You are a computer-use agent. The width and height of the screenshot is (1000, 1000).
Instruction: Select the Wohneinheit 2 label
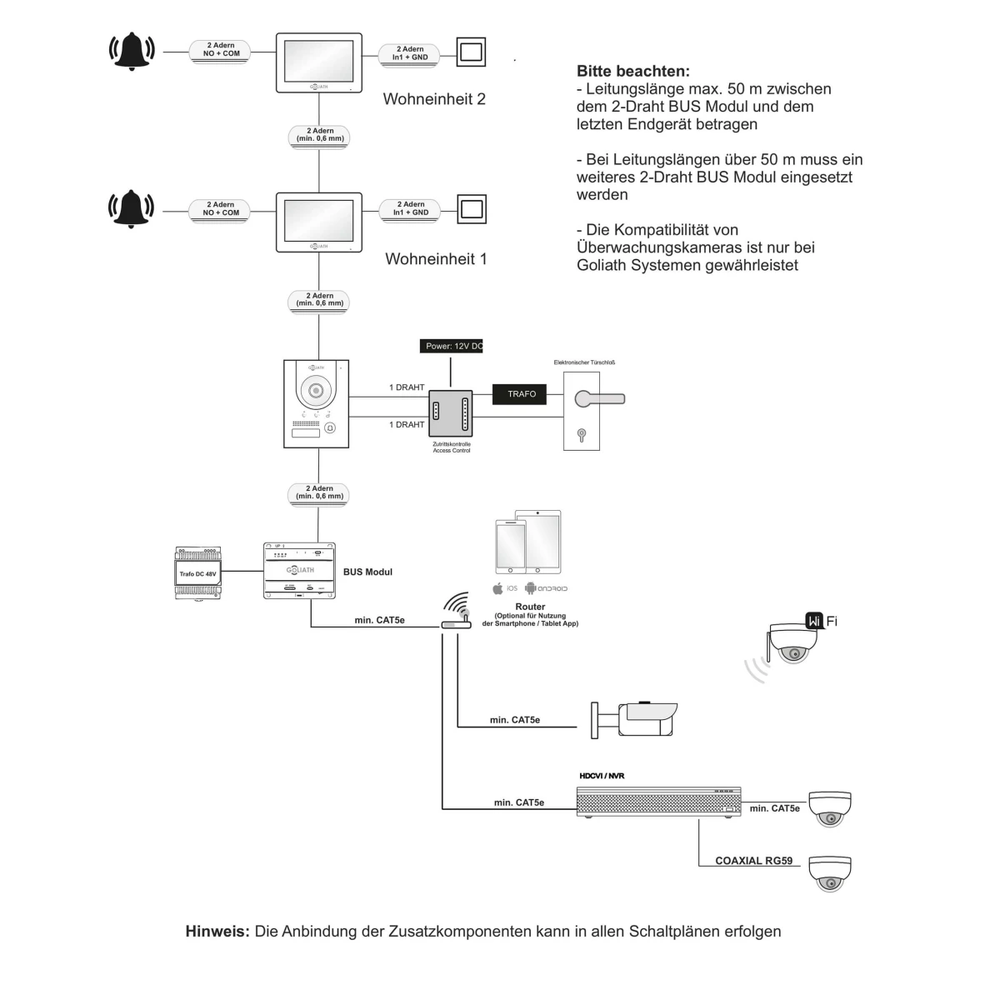434,99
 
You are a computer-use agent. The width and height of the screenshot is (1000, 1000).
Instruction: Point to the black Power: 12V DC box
452,346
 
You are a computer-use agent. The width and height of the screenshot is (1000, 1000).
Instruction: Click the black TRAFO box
522,394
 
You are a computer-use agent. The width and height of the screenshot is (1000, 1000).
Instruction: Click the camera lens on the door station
316,390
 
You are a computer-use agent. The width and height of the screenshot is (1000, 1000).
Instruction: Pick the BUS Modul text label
367,572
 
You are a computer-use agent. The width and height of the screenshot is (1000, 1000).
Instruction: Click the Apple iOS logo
498,588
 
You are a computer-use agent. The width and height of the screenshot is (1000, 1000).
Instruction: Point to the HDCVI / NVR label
602,776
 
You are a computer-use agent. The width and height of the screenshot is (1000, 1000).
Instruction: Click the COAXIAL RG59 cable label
753,861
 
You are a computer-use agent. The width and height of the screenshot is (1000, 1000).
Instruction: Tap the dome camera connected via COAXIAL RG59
830,873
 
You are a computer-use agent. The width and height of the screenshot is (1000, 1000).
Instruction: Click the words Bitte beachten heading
633,72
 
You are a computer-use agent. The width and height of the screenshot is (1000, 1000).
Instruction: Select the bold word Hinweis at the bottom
217,932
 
